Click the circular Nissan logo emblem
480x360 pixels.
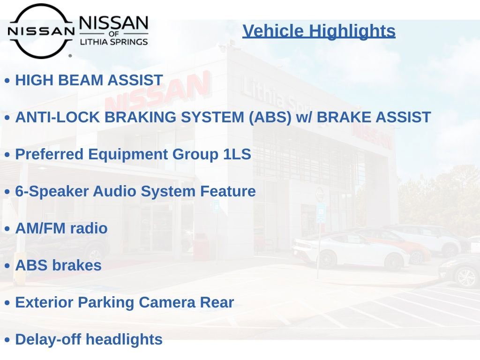41,30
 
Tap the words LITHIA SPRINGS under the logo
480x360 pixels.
114,42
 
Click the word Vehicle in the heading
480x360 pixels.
273,31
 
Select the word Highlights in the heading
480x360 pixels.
352,31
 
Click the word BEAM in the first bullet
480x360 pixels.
80,80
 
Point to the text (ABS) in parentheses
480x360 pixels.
270,118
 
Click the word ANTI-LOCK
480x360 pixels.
58,117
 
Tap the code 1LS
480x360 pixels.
237,154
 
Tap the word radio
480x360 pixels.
89,228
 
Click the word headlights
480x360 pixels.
124,340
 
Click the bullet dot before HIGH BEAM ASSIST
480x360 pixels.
7,81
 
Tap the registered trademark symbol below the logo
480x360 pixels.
70,56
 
